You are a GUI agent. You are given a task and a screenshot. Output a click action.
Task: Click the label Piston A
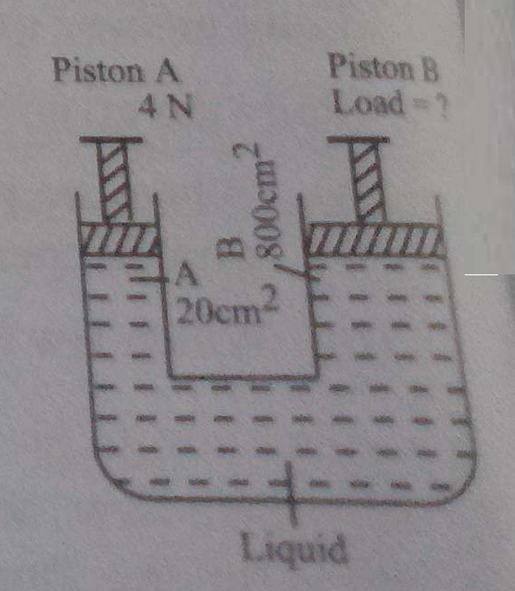pyautogui.click(x=115, y=70)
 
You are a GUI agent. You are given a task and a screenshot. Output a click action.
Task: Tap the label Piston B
pyautogui.click(x=384, y=67)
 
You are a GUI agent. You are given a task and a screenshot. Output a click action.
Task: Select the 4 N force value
pyautogui.click(x=165, y=105)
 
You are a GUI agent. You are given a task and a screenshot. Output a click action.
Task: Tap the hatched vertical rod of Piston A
pyautogui.click(x=114, y=180)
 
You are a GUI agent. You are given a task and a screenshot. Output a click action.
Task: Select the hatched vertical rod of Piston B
pyautogui.click(x=368, y=181)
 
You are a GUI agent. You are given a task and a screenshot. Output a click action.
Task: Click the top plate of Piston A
pyautogui.click(x=111, y=139)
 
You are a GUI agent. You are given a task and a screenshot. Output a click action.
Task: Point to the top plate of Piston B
pyautogui.click(x=358, y=139)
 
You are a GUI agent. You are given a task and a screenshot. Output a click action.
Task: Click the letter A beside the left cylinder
pyautogui.click(x=186, y=274)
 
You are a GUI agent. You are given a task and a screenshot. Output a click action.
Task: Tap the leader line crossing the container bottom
pyautogui.click(x=290, y=494)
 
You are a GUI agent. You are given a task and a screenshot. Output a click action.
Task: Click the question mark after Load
pyautogui.click(x=442, y=107)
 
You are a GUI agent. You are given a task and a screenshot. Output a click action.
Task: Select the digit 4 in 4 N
pyautogui.click(x=147, y=105)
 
